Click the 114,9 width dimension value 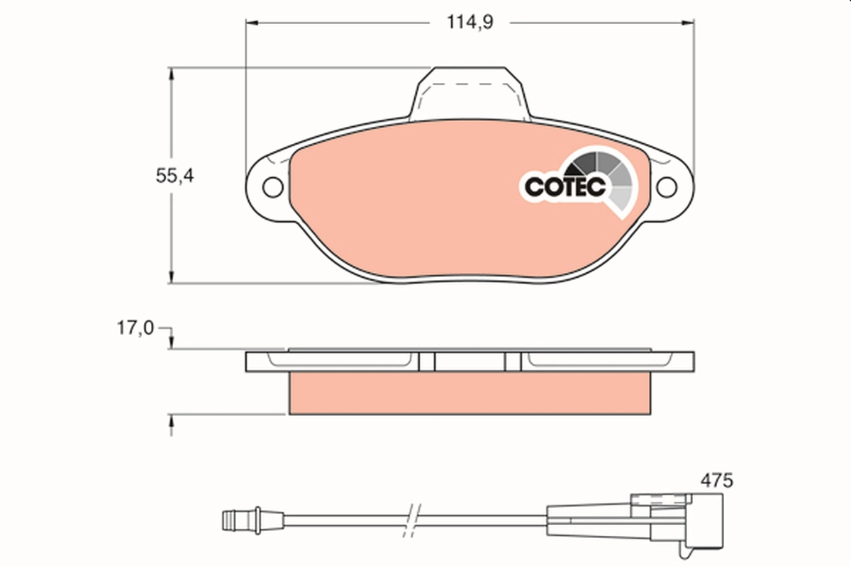click(x=469, y=22)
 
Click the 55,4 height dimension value click(x=174, y=176)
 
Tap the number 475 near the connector click(x=716, y=480)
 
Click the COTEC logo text click(x=564, y=186)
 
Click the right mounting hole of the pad click(x=666, y=187)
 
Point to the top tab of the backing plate click(x=469, y=92)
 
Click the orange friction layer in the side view click(x=469, y=393)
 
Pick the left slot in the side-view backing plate click(x=426, y=362)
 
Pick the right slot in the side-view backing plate click(x=513, y=362)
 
